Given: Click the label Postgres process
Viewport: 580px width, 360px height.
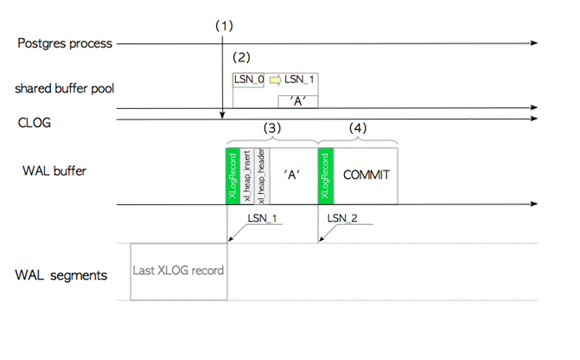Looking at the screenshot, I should [65, 43].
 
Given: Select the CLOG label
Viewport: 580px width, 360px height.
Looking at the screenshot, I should [35, 123].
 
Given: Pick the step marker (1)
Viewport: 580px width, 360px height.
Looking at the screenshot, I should [223, 26].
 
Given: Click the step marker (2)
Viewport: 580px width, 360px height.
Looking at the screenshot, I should [242, 58].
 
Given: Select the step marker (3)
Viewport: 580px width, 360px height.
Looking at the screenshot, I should [271, 128].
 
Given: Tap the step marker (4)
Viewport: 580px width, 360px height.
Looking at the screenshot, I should [358, 128].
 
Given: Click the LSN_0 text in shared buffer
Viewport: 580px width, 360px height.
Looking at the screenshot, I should [250, 80].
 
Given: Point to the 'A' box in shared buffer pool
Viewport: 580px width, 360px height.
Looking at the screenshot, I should [298, 101].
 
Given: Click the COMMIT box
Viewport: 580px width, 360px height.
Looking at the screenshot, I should [365, 175].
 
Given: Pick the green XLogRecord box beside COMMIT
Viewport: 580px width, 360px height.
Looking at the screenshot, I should [325, 175].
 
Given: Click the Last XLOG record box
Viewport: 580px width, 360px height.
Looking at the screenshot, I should [179, 271].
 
